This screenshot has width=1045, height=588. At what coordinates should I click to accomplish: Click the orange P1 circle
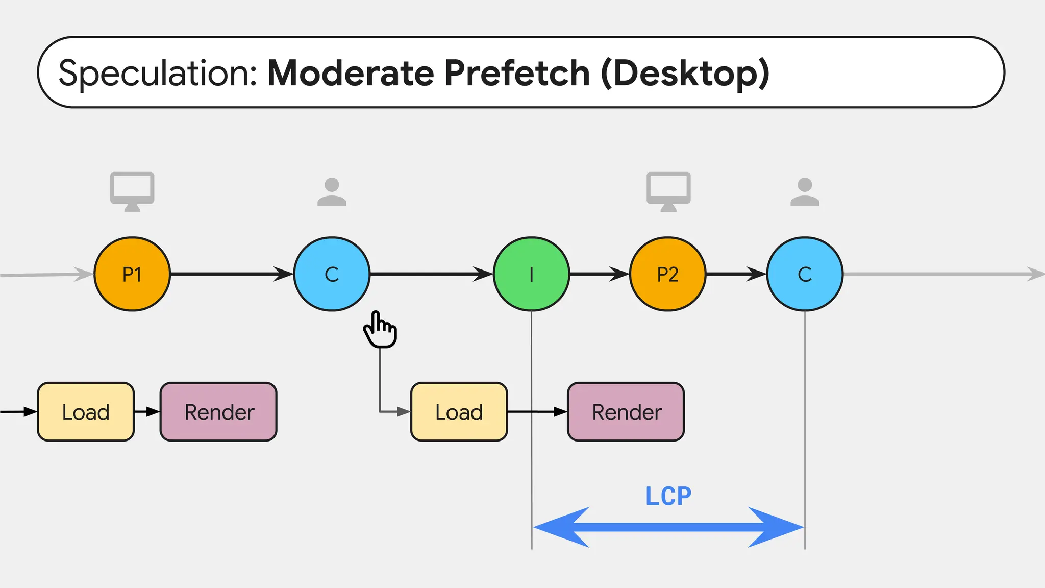click(x=132, y=274)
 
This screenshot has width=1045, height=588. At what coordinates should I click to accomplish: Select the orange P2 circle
click(x=667, y=274)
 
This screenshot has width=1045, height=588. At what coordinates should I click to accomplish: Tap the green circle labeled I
click(x=531, y=274)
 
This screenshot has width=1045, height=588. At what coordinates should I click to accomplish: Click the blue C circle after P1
click(x=332, y=274)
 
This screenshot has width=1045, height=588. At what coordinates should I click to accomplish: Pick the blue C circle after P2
click(x=805, y=274)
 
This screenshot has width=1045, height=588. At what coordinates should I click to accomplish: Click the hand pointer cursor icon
click(x=380, y=330)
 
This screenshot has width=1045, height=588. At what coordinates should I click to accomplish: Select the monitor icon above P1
click(x=132, y=191)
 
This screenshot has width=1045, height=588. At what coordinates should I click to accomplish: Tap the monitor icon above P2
click(x=668, y=191)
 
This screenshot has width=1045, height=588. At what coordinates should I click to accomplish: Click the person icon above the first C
click(x=332, y=192)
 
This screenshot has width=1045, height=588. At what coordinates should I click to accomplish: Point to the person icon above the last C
click(x=805, y=192)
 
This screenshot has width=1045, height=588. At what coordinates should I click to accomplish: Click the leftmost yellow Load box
click(x=86, y=411)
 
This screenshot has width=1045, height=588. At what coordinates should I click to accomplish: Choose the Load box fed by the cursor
click(x=459, y=411)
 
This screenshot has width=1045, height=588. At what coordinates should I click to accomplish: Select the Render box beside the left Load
click(x=218, y=411)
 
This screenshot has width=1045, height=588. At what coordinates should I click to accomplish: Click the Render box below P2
click(x=626, y=411)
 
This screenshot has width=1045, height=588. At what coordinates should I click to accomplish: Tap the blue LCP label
click(x=668, y=496)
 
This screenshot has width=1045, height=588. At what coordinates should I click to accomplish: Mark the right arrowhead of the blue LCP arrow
click(x=778, y=527)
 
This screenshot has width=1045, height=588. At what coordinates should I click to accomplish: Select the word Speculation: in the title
click(x=158, y=73)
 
